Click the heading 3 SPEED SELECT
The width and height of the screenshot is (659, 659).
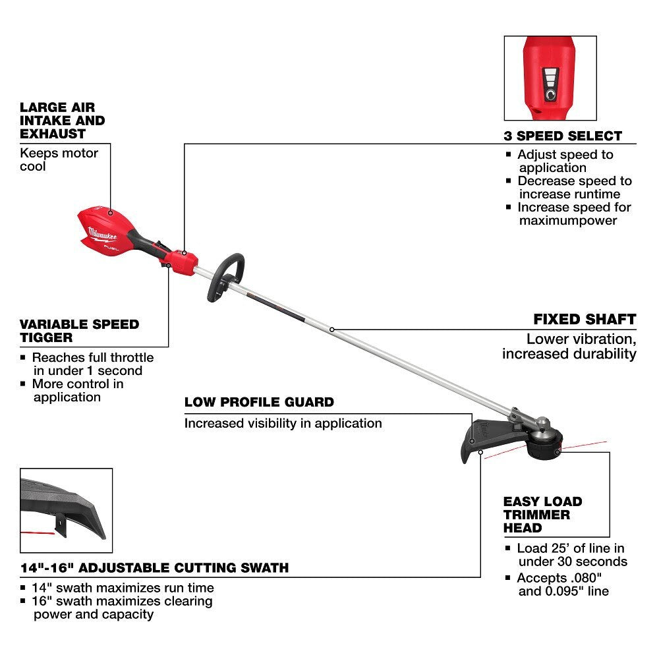pos(562,136)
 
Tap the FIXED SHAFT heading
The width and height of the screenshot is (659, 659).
pos(584,320)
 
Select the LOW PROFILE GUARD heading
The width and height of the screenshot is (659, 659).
pos(259,402)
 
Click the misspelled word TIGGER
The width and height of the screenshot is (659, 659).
pos(45,337)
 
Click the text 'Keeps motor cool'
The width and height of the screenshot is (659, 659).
pos(59,159)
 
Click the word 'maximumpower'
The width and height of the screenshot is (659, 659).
pos(567,220)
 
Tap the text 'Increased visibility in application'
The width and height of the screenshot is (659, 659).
pos(283,423)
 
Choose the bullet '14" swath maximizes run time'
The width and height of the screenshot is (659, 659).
pos(123,588)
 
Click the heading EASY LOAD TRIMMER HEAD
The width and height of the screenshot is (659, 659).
pos(542,515)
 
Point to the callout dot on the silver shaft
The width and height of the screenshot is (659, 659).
pos(331,329)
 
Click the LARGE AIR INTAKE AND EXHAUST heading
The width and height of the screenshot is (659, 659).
pos(62,120)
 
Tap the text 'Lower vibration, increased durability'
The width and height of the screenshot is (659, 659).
pos(569,347)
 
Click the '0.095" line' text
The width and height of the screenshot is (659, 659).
pos(564,591)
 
